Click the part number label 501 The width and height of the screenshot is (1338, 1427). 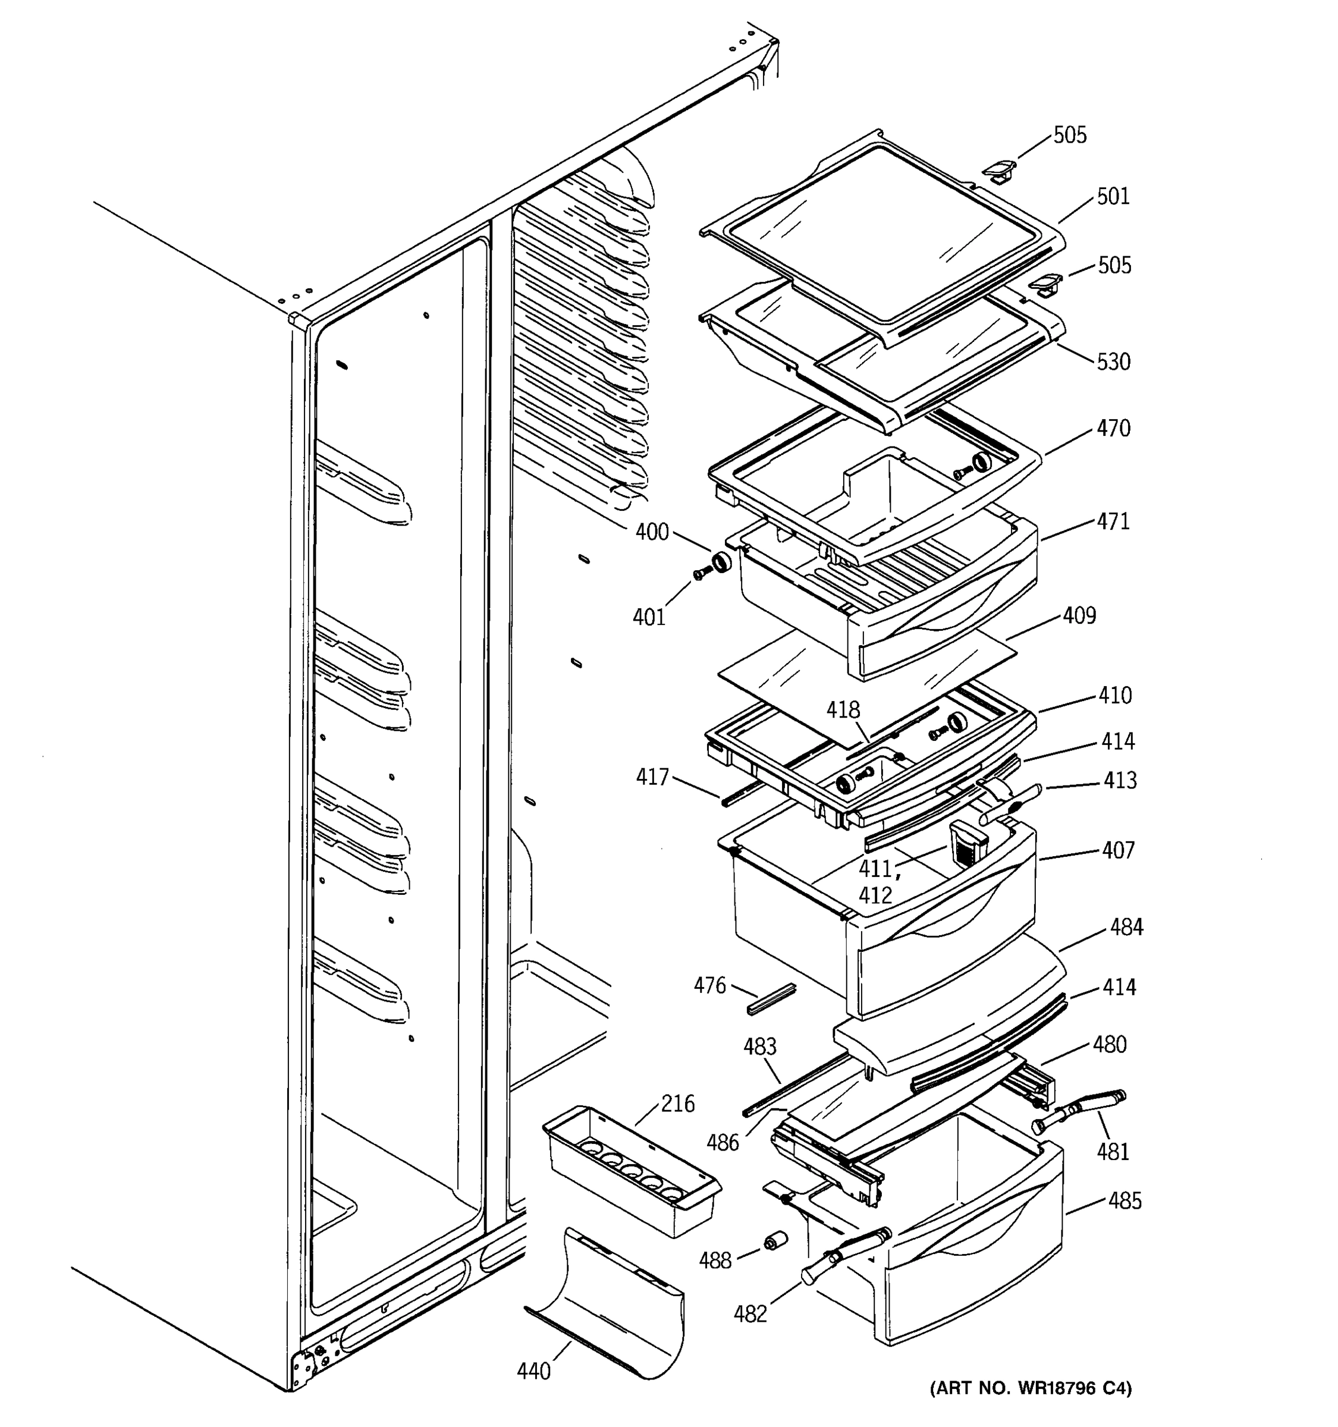pos(1113,196)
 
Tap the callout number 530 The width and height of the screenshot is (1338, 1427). pos(1113,362)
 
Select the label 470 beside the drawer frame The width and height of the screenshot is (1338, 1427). pos(1113,429)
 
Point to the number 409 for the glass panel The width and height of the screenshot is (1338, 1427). pos(1079,615)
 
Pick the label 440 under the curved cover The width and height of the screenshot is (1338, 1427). pos(534,1371)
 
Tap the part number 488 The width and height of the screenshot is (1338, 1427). pos(715,1261)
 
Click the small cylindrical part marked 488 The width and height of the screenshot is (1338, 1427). pos(774,1241)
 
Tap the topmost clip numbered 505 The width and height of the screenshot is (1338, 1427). pos(999,172)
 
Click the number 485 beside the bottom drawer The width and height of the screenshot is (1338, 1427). pos(1124,1200)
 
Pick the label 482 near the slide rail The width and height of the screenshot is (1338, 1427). pos(750,1313)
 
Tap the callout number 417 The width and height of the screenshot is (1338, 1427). pos(652,777)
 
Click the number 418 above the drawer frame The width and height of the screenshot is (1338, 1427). pos(843,710)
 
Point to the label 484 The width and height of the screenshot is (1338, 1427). pos(1126,927)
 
